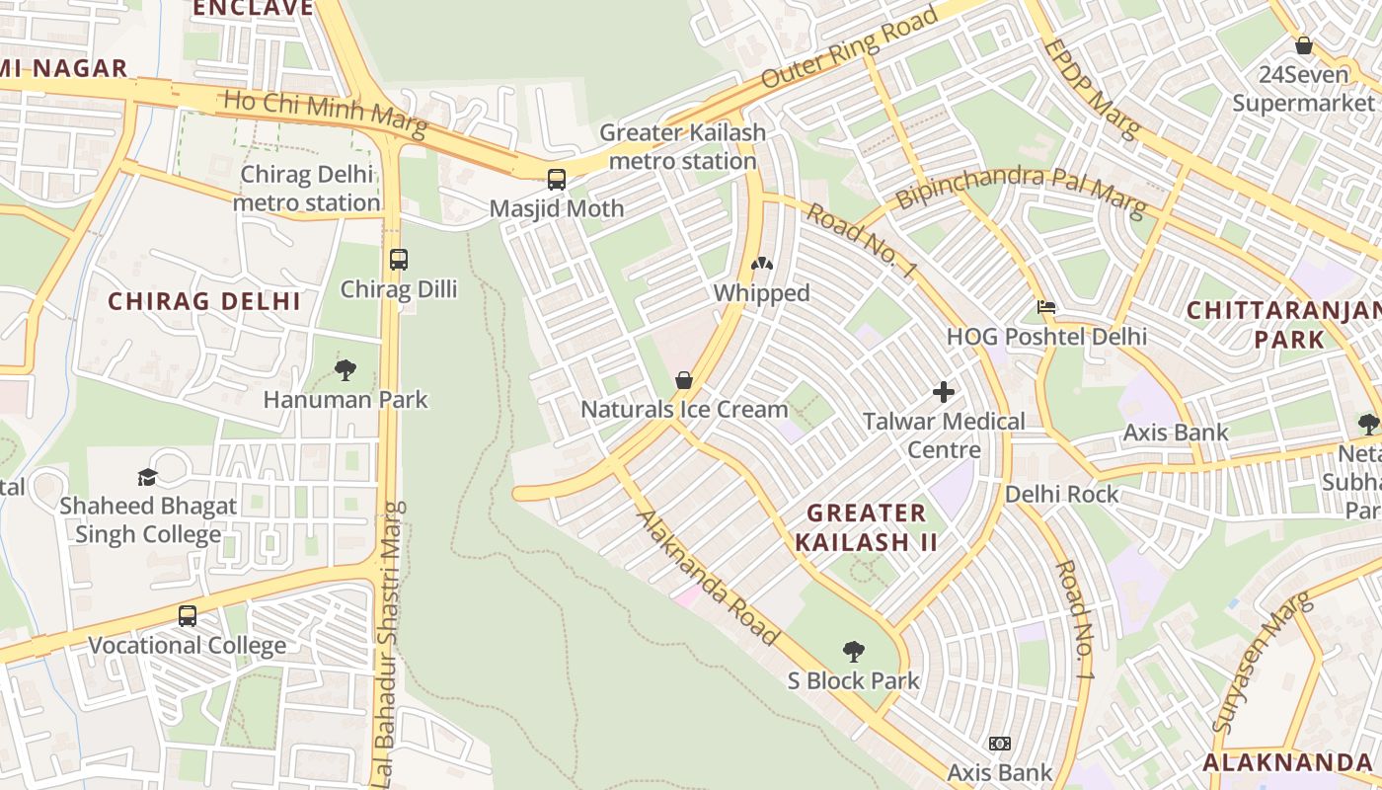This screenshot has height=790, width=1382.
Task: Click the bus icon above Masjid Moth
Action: tap(557, 180)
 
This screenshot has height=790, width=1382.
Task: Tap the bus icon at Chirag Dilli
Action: tap(399, 260)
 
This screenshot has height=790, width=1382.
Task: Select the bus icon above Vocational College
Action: tap(188, 616)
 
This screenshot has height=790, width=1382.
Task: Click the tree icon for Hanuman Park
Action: tap(345, 370)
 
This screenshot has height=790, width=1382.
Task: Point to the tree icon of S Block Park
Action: tap(854, 652)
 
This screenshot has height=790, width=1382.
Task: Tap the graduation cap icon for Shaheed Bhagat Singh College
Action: tap(148, 477)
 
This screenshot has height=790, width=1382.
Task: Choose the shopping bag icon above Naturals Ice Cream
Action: tap(683, 380)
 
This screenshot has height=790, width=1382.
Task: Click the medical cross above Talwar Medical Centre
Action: tap(944, 392)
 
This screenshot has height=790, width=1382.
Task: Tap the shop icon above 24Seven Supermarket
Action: tap(1303, 45)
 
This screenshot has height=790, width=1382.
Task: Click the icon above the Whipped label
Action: tap(762, 264)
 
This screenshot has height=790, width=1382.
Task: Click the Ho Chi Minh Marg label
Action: tap(326, 114)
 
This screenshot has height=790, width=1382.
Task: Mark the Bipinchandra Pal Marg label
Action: tap(1021, 192)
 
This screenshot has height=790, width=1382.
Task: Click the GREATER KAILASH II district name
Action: tap(866, 527)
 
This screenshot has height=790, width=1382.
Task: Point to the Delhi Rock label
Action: tap(1062, 494)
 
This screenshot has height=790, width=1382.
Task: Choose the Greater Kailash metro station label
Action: tap(682, 146)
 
